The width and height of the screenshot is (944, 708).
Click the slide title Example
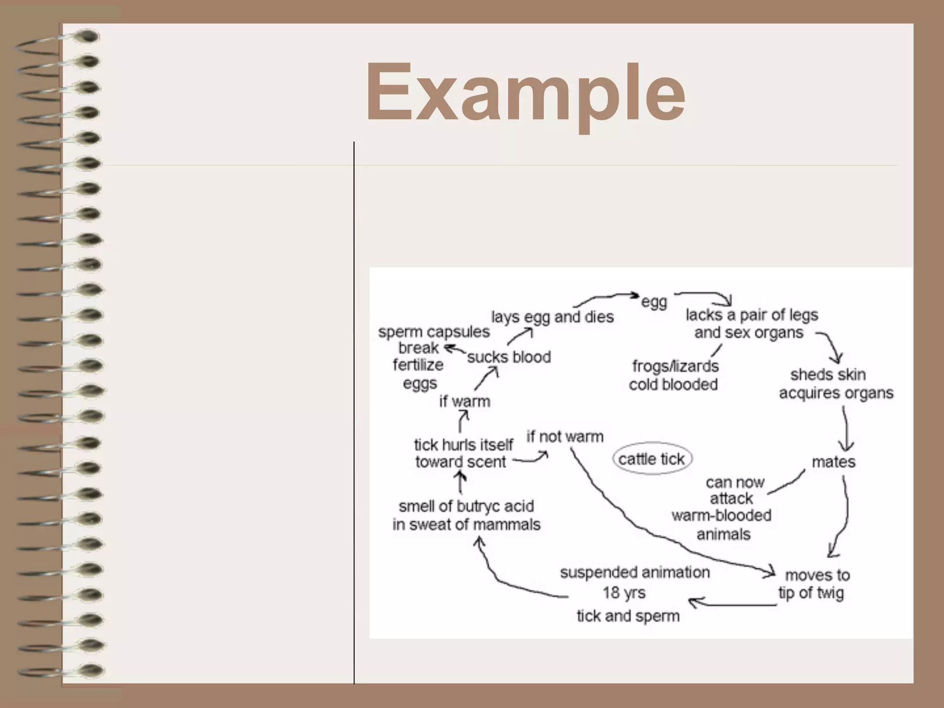click(525, 92)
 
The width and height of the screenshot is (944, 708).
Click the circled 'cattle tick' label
click(652, 459)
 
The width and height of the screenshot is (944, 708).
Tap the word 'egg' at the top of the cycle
click(654, 302)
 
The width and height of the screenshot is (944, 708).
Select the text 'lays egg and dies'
click(552, 317)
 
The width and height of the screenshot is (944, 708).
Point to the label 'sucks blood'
click(509, 357)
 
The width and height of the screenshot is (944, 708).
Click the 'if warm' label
click(465, 401)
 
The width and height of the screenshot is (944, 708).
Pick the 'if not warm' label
click(565, 437)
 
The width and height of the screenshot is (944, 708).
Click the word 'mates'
click(833, 462)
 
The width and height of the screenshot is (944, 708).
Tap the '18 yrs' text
click(624, 593)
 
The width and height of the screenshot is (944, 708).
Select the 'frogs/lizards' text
click(675, 366)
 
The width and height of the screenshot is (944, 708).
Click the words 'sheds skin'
click(828, 375)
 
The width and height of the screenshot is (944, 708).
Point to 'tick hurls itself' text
click(463, 445)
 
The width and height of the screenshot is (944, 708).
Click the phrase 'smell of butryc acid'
click(466, 507)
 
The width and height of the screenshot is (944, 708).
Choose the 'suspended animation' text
click(635, 572)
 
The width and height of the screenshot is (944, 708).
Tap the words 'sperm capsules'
click(434, 332)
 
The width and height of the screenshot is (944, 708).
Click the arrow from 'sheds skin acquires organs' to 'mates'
click(846, 429)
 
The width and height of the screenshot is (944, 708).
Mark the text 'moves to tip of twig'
click(814, 584)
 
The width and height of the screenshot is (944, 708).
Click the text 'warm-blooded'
click(721, 516)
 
